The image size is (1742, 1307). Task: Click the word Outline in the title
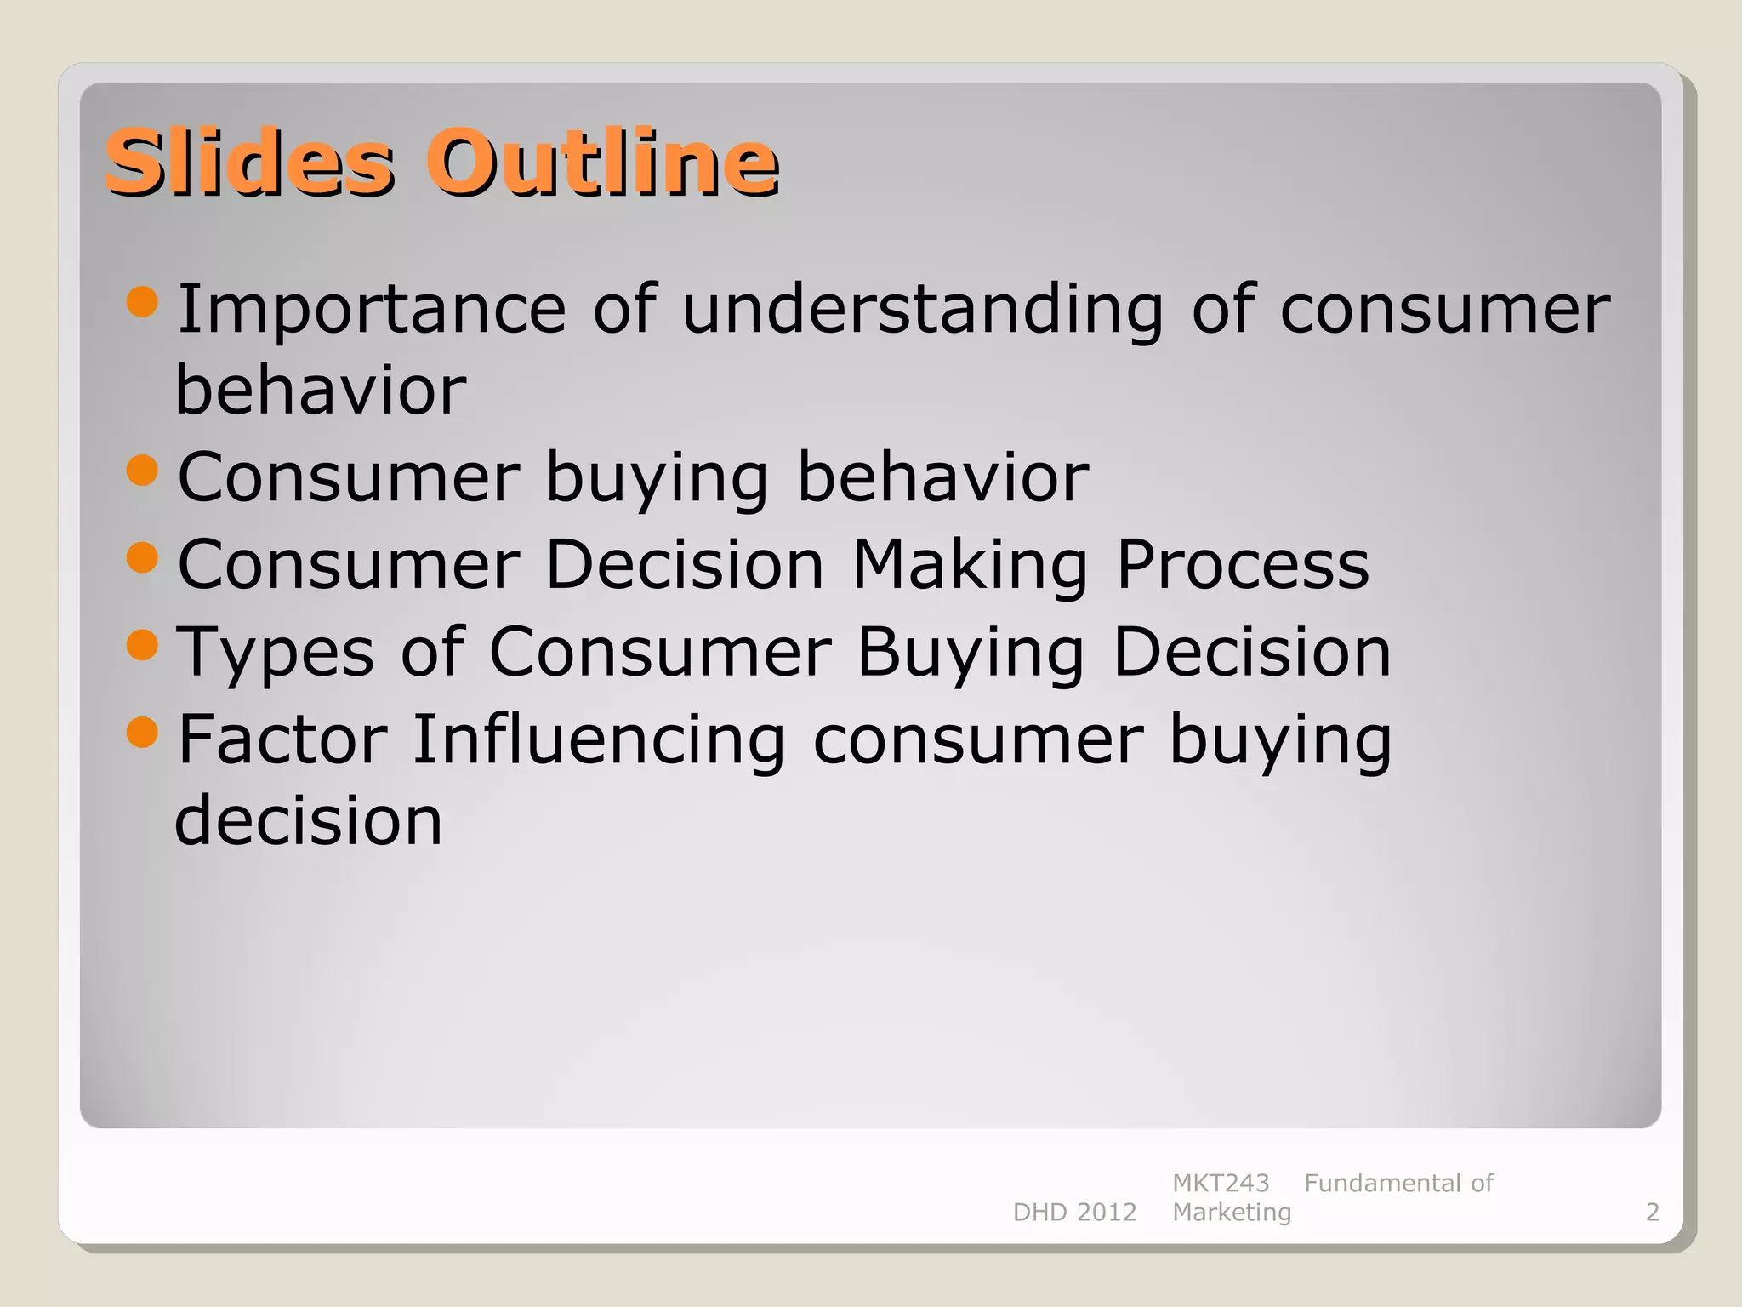pos(602,163)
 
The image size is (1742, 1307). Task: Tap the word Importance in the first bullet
pos(371,310)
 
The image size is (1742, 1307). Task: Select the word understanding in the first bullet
pos(923,310)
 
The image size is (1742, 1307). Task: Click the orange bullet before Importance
pos(142,301)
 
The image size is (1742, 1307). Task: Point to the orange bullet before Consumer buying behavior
pos(142,470)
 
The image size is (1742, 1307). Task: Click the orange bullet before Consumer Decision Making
pos(142,557)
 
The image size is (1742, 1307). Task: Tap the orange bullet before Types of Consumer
pos(142,644)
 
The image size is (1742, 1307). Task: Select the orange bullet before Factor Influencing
pos(142,732)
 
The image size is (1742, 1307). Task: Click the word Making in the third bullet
pos(970,566)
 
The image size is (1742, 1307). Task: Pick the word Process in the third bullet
pos(1243,566)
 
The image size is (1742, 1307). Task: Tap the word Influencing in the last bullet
pos(599,740)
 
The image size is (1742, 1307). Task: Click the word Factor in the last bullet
pos(282,740)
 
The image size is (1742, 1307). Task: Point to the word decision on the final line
pos(308,821)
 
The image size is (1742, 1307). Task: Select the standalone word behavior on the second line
pos(320,391)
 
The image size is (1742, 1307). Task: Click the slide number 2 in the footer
pos(1652,1212)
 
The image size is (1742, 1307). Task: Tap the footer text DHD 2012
pos(1074,1212)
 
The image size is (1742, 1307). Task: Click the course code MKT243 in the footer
pos(1220,1183)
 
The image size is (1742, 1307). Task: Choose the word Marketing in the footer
pos(1231,1212)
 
